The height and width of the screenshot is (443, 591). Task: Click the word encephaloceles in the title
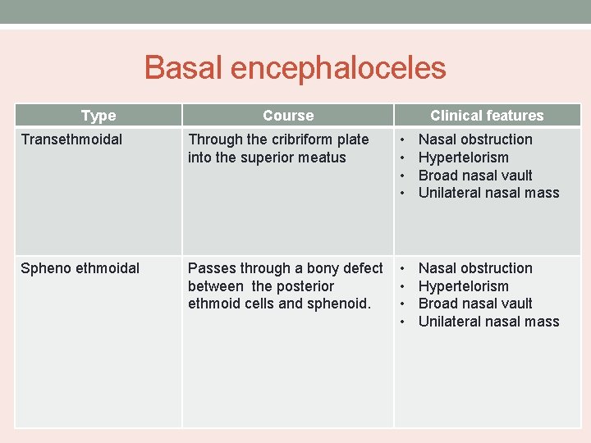[338, 68]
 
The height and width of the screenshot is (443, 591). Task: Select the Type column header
[98, 116]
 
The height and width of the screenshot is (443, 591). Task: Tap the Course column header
[288, 116]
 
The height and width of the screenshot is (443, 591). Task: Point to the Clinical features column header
[487, 116]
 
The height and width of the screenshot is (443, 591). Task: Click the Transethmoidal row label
[71, 139]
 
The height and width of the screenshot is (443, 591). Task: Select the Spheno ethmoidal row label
[80, 268]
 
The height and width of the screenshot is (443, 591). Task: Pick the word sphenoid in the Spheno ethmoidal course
[342, 304]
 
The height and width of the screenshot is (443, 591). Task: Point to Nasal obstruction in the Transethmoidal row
[475, 139]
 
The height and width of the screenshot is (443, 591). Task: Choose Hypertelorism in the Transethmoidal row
[463, 158]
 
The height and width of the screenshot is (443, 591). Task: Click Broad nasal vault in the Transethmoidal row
[475, 176]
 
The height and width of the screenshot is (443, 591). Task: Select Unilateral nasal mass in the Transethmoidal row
[488, 193]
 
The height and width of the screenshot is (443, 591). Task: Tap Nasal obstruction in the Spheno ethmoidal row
[475, 268]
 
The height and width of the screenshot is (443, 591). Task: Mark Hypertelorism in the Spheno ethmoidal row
[463, 286]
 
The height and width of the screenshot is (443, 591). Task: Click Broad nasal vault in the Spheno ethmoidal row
[475, 304]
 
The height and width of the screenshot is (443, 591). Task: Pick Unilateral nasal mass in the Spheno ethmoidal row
[488, 322]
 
